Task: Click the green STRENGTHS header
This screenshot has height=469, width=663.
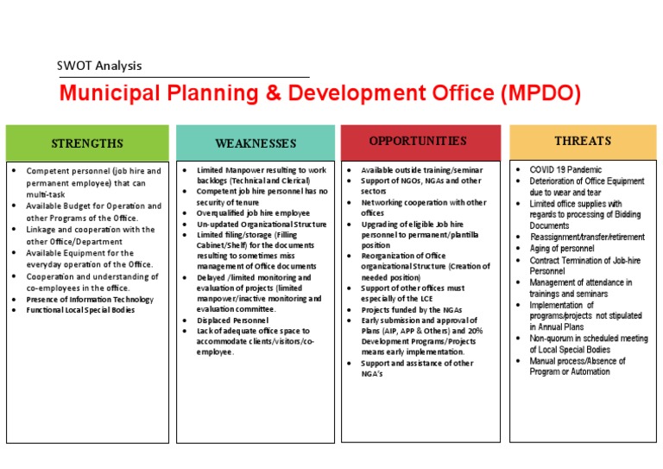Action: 87,143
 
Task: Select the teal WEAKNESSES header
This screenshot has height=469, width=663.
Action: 256,143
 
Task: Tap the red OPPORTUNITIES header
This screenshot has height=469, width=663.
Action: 418,141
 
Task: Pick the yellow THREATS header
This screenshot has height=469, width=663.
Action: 583,141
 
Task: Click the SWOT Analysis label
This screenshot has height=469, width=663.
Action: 99,66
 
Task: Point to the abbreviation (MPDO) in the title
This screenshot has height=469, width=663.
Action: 540,93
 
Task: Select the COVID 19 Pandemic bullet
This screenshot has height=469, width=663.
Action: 565,170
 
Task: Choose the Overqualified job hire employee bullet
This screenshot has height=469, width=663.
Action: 253,212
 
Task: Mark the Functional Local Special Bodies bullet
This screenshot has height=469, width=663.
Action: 80,310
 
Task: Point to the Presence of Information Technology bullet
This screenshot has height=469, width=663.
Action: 90,299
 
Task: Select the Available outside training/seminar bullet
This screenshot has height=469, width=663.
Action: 421,170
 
